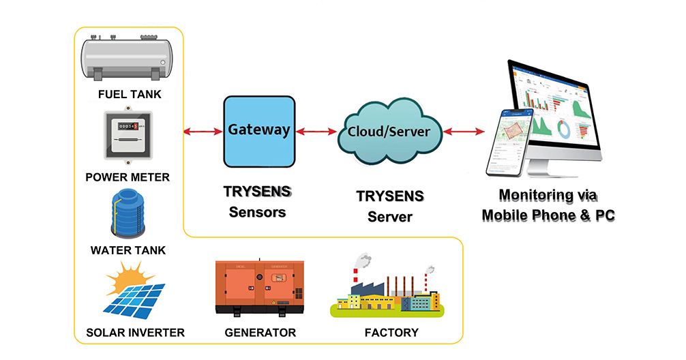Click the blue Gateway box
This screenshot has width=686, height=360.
point(259,131)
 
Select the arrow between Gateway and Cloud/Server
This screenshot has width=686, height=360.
point(316,130)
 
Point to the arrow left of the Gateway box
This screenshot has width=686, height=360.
point(202,130)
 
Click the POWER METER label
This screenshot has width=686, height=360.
point(128,177)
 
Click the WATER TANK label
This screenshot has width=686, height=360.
point(128,250)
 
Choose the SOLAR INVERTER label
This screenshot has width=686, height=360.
point(136,333)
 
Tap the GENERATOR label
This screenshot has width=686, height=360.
point(260,333)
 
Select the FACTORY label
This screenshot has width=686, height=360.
point(391,333)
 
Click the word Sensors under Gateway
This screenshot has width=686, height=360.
point(257,212)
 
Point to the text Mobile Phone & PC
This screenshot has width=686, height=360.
point(548,216)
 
